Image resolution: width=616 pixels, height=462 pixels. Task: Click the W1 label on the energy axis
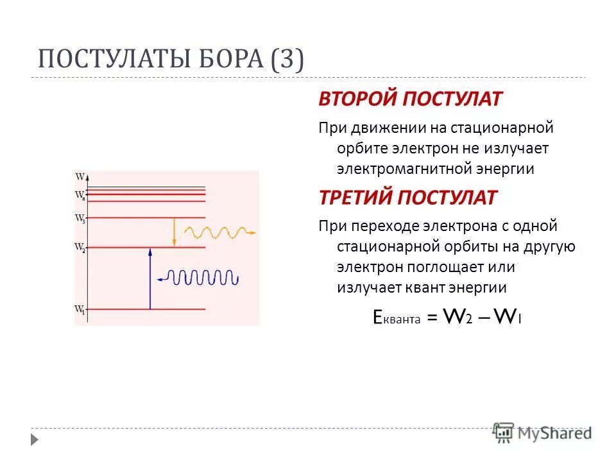point(80,310)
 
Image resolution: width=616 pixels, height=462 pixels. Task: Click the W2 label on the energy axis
point(80,247)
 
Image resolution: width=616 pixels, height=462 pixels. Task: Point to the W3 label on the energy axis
point(80,218)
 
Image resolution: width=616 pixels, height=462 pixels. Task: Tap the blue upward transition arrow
point(150,278)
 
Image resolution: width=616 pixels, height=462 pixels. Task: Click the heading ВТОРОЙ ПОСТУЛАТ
point(411,99)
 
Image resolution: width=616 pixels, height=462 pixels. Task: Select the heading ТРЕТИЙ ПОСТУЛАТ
point(407,198)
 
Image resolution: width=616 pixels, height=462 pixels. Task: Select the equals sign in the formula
point(432,318)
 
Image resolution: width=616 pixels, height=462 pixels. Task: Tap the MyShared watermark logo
point(542,433)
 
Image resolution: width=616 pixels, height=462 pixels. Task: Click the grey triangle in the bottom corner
point(35,440)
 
